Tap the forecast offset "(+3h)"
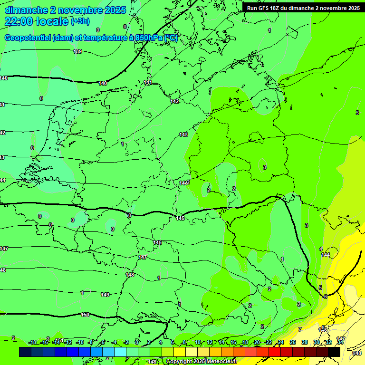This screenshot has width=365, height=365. pyautogui.click(x=80, y=21)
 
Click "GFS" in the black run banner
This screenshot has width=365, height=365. pyautogui.click(x=264, y=8)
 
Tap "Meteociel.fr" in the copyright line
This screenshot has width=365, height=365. pyautogui.click(x=221, y=362)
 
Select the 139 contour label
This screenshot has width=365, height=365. pyautogui.click(x=77, y=51)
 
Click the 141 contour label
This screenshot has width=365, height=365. pyautogui.click(x=148, y=83)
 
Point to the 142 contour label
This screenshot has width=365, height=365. pyautogui.click(x=174, y=101)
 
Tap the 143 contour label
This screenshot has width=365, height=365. pyautogui.click(x=183, y=135)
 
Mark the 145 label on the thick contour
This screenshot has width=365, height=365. pyautogui.click(x=180, y=218)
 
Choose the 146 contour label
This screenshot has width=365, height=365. pyautogui.click(x=157, y=242)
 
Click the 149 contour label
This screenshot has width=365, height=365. pyautogui.click(x=105, y=295)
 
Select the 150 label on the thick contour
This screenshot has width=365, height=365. pyautogui.click(x=85, y=315)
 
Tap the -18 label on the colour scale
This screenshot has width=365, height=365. pyautogui.click(x=32, y=342)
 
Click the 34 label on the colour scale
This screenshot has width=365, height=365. pyautogui.click(x=340, y=342)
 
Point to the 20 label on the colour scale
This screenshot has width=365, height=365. pyautogui.click(x=257, y=342)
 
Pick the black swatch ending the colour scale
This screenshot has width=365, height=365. pyautogui.click(x=334, y=352)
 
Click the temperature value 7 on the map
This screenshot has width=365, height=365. pyautogui.click(x=299, y=329)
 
